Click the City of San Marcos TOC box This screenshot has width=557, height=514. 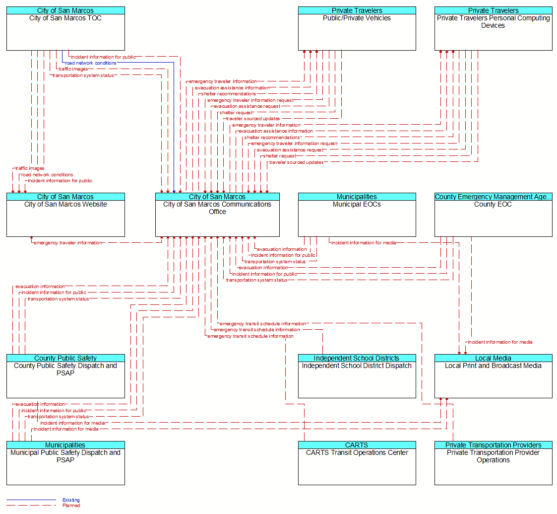pos(65,28)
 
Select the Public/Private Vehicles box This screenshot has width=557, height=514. pos(357,28)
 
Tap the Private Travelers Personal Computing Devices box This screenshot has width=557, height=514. pos(494,28)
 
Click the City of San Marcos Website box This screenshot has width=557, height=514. pos(65,215)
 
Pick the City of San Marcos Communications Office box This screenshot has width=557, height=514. pos(217,215)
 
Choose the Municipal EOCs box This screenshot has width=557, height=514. pos(357,215)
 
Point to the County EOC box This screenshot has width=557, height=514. pos(494,215)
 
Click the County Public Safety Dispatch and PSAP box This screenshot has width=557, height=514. pos(65,376)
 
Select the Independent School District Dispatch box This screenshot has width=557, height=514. pos(357,376)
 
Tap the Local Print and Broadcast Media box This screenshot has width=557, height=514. pos(494,376)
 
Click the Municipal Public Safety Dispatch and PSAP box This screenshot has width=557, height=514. pos(65,463)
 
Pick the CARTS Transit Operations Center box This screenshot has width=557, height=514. pos(357,463)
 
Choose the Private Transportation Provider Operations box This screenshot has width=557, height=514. pos(494,463)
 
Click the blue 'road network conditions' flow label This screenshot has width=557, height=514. pos(91,63)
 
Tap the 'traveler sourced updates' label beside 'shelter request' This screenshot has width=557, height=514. pos(296,162)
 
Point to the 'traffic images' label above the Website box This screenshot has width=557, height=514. pos(30,168)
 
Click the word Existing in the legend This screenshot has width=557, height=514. pos(71,500)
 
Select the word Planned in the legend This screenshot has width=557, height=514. pos(71,506)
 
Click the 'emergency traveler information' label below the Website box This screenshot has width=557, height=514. pos(68,243)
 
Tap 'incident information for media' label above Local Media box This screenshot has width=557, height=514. pos(500,342)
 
